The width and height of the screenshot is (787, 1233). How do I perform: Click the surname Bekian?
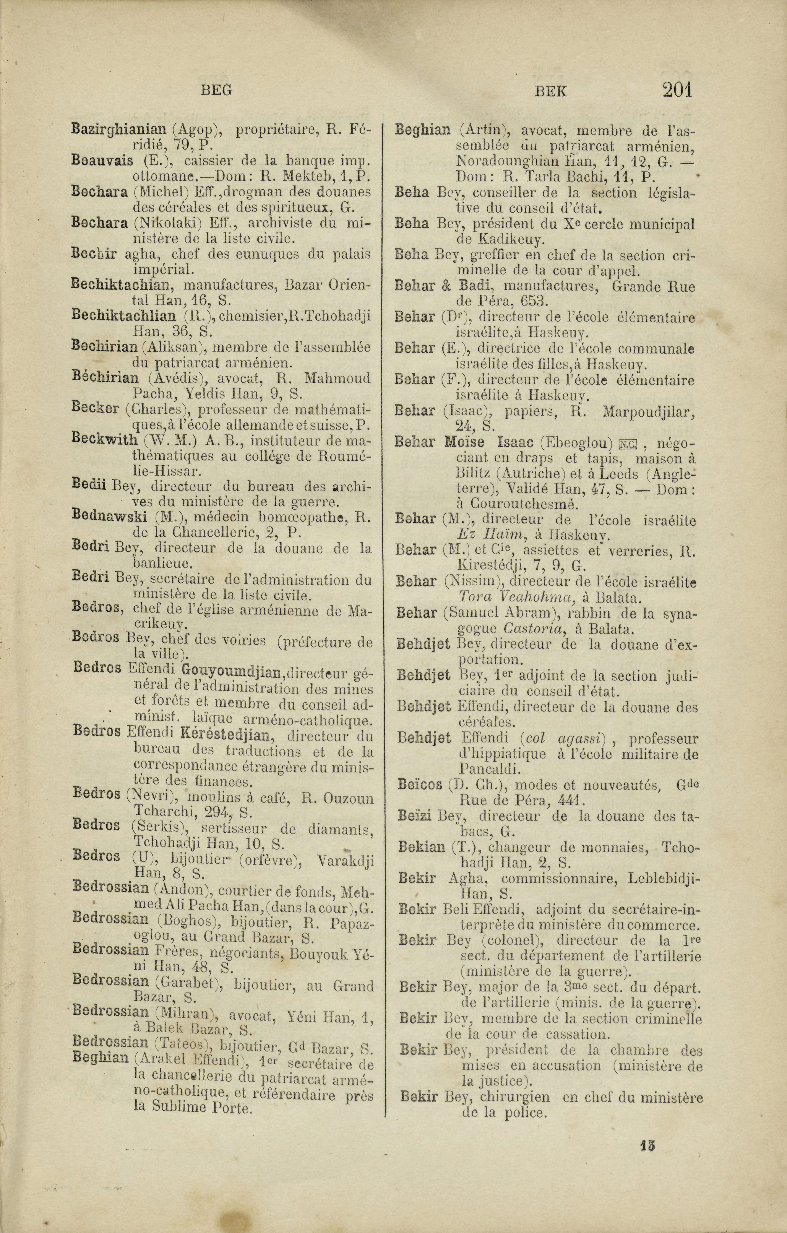pos(422,847)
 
